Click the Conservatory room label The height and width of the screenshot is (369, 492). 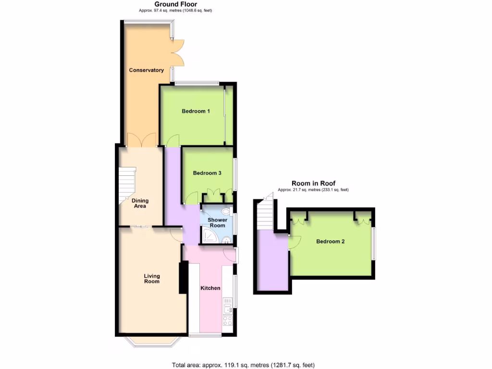146,70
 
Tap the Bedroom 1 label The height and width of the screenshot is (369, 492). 196,111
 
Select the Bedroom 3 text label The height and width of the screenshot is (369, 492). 207,173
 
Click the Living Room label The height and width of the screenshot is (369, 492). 152,279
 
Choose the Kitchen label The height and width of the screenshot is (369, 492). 210,288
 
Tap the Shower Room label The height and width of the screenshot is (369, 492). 217,223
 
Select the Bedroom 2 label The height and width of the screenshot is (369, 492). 330,242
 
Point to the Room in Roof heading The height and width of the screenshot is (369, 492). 313,183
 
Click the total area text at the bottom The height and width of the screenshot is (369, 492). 243,365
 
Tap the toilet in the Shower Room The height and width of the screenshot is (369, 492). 225,211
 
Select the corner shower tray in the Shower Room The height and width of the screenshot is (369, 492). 209,235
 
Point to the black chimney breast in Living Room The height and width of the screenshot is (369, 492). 183,277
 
